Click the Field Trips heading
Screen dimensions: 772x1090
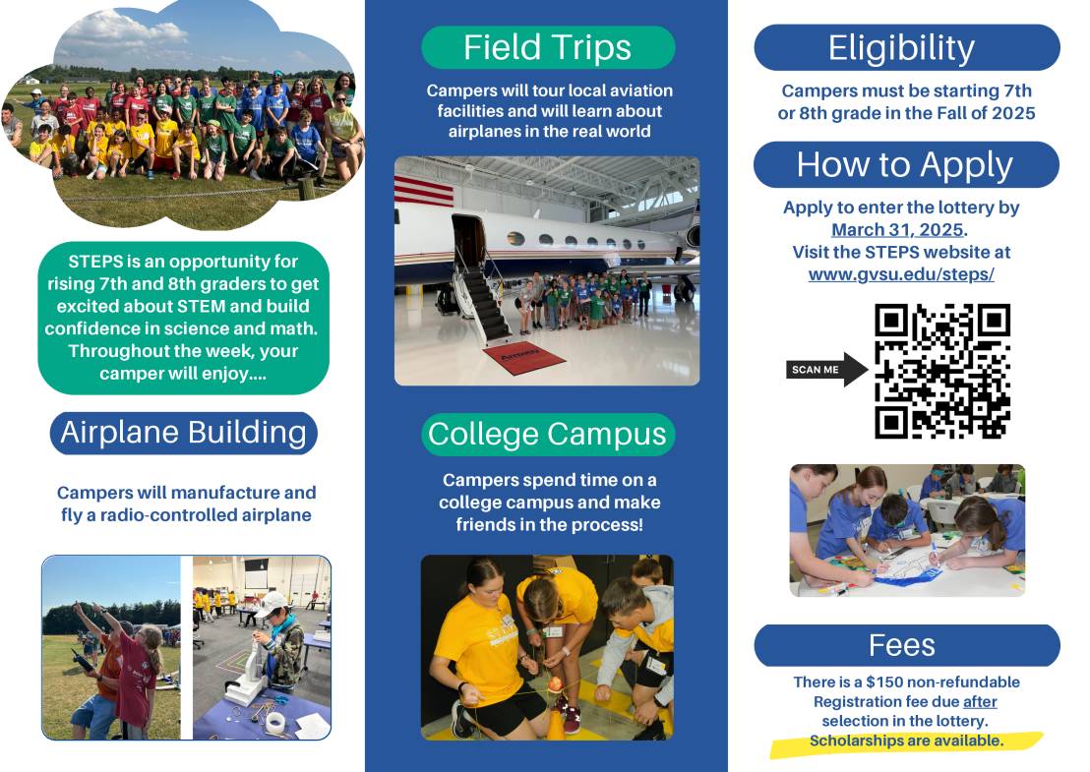coord(548,47)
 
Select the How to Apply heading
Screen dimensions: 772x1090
coord(905,164)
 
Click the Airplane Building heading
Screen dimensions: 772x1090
coord(184,433)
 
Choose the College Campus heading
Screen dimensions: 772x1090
coord(548,434)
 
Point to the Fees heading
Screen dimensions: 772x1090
coord(902,645)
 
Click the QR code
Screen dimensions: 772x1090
coord(941,371)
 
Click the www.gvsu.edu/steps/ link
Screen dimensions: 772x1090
coord(901,274)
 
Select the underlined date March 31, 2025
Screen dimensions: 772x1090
coord(897,230)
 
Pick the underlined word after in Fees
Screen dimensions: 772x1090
coord(980,701)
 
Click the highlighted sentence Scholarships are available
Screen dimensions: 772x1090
coord(906,741)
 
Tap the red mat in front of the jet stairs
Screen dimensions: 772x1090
coord(523,355)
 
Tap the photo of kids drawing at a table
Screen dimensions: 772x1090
coord(907,530)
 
